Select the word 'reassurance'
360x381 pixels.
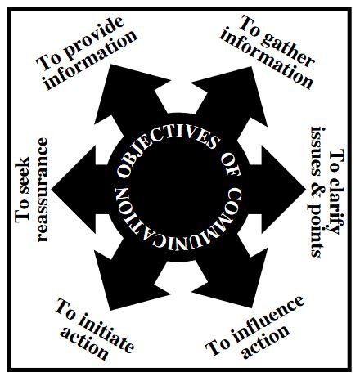click(x=43, y=190)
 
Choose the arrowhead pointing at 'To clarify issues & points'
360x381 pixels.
click(x=281, y=189)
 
